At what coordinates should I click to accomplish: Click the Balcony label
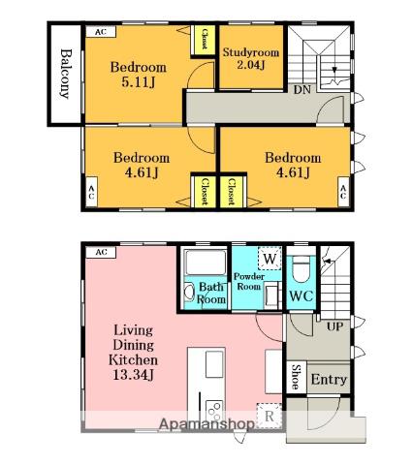[x=65, y=74]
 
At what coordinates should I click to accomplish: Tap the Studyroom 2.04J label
[x=251, y=58]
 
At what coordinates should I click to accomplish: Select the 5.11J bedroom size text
[x=138, y=82]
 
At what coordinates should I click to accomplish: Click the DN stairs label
[x=302, y=89]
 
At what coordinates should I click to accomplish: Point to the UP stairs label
[x=334, y=326]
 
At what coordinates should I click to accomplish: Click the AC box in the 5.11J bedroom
[x=101, y=32]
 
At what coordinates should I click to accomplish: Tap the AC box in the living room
[x=101, y=252]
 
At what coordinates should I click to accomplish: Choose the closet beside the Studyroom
[x=205, y=40]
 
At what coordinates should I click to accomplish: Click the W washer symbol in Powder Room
[x=270, y=259]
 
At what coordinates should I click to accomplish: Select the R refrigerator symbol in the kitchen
[x=269, y=416]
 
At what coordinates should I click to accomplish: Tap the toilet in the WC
[x=302, y=270]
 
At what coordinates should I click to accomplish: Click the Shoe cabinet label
[x=296, y=377]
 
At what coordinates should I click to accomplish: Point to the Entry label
[x=329, y=380]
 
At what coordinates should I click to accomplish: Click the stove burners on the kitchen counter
[x=214, y=410]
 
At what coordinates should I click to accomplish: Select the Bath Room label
[x=210, y=293]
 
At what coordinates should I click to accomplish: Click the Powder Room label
[x=248, y=281]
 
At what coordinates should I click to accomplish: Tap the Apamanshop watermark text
[x=206, y=424]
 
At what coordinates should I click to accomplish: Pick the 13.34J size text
[x=133, y=375]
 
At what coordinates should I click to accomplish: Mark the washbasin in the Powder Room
[x=271, y=294]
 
